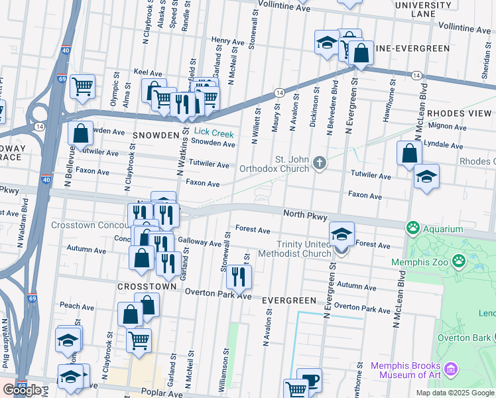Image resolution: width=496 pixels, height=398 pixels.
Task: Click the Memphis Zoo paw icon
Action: click(x=459, y=261)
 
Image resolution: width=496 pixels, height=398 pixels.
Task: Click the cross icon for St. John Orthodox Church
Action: click(x=320, y=163)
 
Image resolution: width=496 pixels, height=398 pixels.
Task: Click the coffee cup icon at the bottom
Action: click(x=309, y=381)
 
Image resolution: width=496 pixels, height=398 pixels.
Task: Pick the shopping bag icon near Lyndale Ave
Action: click(x=409, y=153)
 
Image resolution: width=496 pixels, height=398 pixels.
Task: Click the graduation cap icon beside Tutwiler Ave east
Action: click(x=426, y=176)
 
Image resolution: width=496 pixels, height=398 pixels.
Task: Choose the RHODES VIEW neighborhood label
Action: click(x=460, y=113)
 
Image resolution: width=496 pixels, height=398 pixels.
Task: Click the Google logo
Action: click(x=22, y=390)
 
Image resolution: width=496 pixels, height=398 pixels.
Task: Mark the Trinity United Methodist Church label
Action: click(x=304, y=249)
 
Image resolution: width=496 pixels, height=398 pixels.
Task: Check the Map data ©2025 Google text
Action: click(x=454, y=393)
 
